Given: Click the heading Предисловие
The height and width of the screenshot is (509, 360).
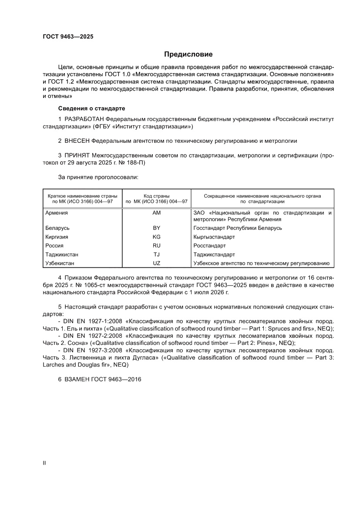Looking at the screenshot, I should pyautogui.click(x=188, y=54).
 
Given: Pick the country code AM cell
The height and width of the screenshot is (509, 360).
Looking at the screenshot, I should pyautogui.click(x=157, y=213).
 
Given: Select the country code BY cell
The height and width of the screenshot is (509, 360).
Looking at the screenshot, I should pyautogui.click(x=157, y=228).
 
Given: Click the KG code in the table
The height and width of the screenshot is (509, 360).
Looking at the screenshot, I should pyautogui.click(x=157, y=237).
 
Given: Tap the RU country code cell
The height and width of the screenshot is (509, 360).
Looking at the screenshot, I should pyautogui.click(x=157, y=246).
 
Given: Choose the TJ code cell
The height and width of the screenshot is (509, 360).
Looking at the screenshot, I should pyautogui.click(x=157, y=254).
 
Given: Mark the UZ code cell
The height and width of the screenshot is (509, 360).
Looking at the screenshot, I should pyautogui.click(x=157, y=263).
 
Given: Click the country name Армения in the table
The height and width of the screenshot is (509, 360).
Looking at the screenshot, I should pyautogui.click(x=57, y=213).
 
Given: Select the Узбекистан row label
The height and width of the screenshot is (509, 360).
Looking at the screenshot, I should pyautogui.click(x=60, y=263).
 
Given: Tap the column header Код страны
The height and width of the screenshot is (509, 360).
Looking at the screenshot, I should pyautogui.click(x=157, y=196).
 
